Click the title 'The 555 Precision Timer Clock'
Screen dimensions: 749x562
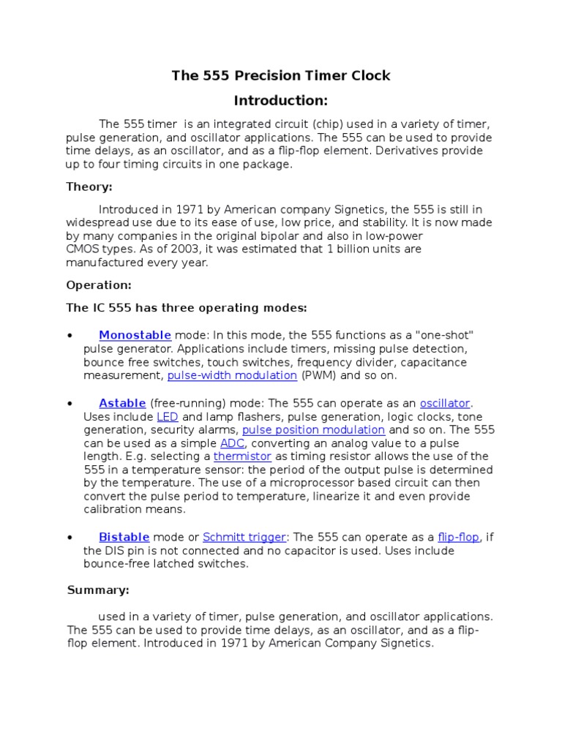point(281,75)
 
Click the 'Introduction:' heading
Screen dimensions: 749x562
point(280,100)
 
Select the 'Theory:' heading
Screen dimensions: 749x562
point(89,187)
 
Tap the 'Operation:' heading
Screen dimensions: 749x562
point(99,285)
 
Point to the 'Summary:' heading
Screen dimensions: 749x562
point(98,590)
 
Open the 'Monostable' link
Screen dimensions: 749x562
point(135,335)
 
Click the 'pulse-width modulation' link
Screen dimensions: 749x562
point(232,375)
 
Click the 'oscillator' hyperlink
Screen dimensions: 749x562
point(445,403)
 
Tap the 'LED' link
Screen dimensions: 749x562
point(168,416)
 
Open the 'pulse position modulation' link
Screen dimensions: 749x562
point(313,429)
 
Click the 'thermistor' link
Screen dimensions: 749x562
point(242,456)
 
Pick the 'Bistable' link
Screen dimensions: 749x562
point(124,537)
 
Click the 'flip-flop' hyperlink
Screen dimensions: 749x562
point(459,537)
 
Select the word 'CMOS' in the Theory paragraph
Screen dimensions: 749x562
point(83,249)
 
